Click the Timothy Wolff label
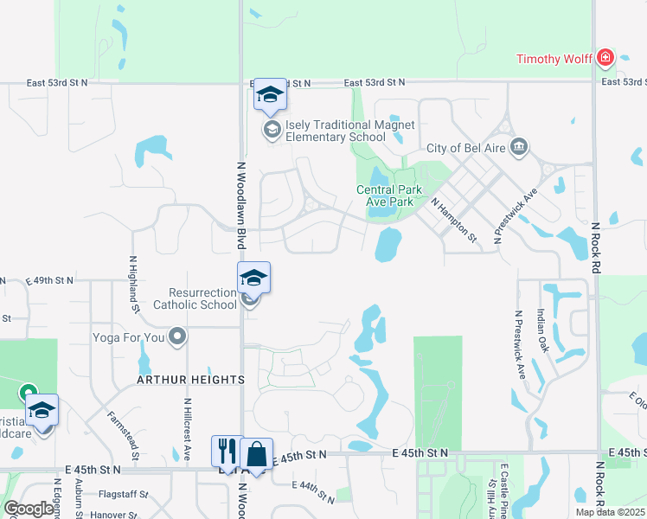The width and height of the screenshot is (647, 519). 554,59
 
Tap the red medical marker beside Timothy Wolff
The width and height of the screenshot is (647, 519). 605,59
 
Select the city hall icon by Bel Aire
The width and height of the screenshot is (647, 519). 519,145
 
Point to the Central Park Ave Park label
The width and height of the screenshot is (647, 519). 389,195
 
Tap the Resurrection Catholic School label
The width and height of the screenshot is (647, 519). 195,298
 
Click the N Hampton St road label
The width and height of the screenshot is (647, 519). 454,218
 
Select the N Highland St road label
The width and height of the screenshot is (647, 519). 133,281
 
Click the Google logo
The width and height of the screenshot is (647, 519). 28,509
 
